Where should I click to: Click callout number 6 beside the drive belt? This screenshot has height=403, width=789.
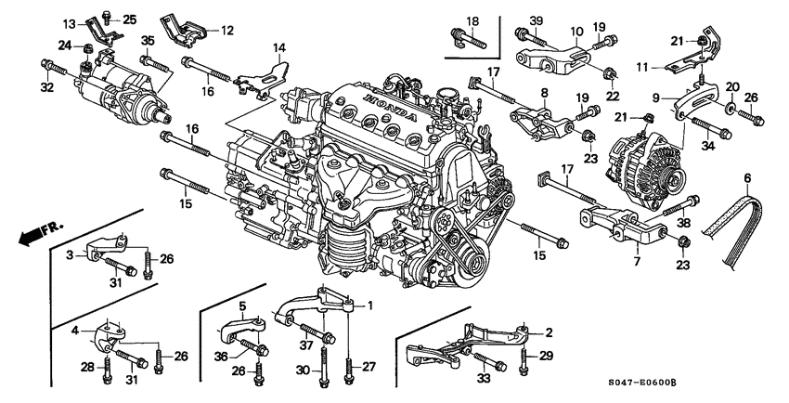coord(747,177)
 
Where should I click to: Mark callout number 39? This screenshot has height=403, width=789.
coord(536,21)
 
